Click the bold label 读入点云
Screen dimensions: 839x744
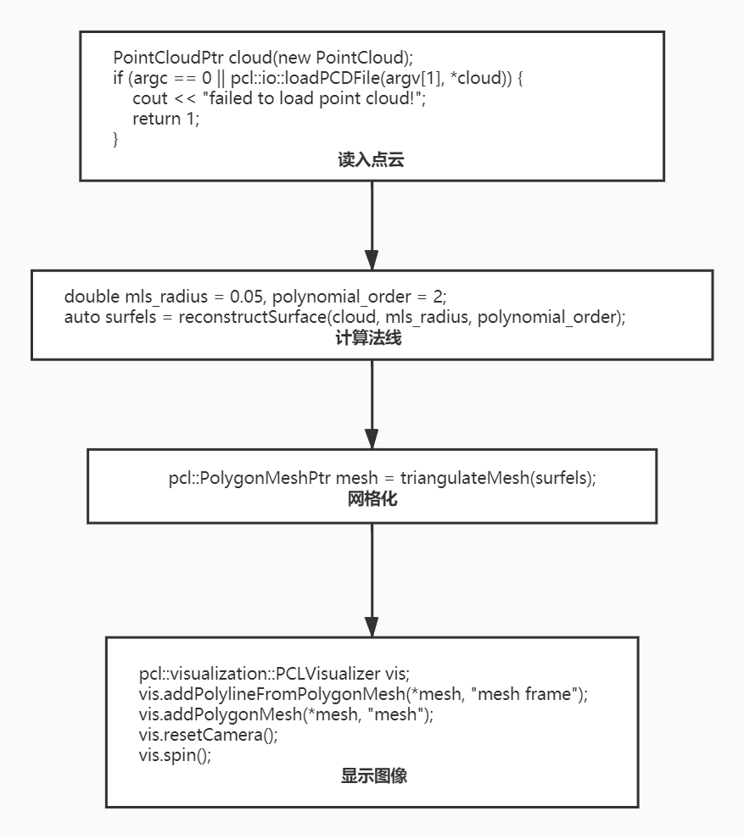tap(371, 160)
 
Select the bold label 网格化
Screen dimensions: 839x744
tap(372, 499)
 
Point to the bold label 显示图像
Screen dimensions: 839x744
tap(373, 775)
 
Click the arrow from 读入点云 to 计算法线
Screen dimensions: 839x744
tap(372, 225)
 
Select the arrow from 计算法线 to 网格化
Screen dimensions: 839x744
tap(372, 404)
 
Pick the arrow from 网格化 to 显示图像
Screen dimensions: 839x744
tap(372, 580)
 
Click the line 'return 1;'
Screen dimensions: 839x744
tap(165, 119)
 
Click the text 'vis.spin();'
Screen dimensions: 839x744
tap(175, 754)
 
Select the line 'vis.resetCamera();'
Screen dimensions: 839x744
tap(208, 734)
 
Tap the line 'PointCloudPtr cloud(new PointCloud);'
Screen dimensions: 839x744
tap(263, 58)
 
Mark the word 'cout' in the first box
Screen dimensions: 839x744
tap(150, 98)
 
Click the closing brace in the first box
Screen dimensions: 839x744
tap(116, 138)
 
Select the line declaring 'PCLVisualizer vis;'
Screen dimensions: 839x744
tap(274, 674)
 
